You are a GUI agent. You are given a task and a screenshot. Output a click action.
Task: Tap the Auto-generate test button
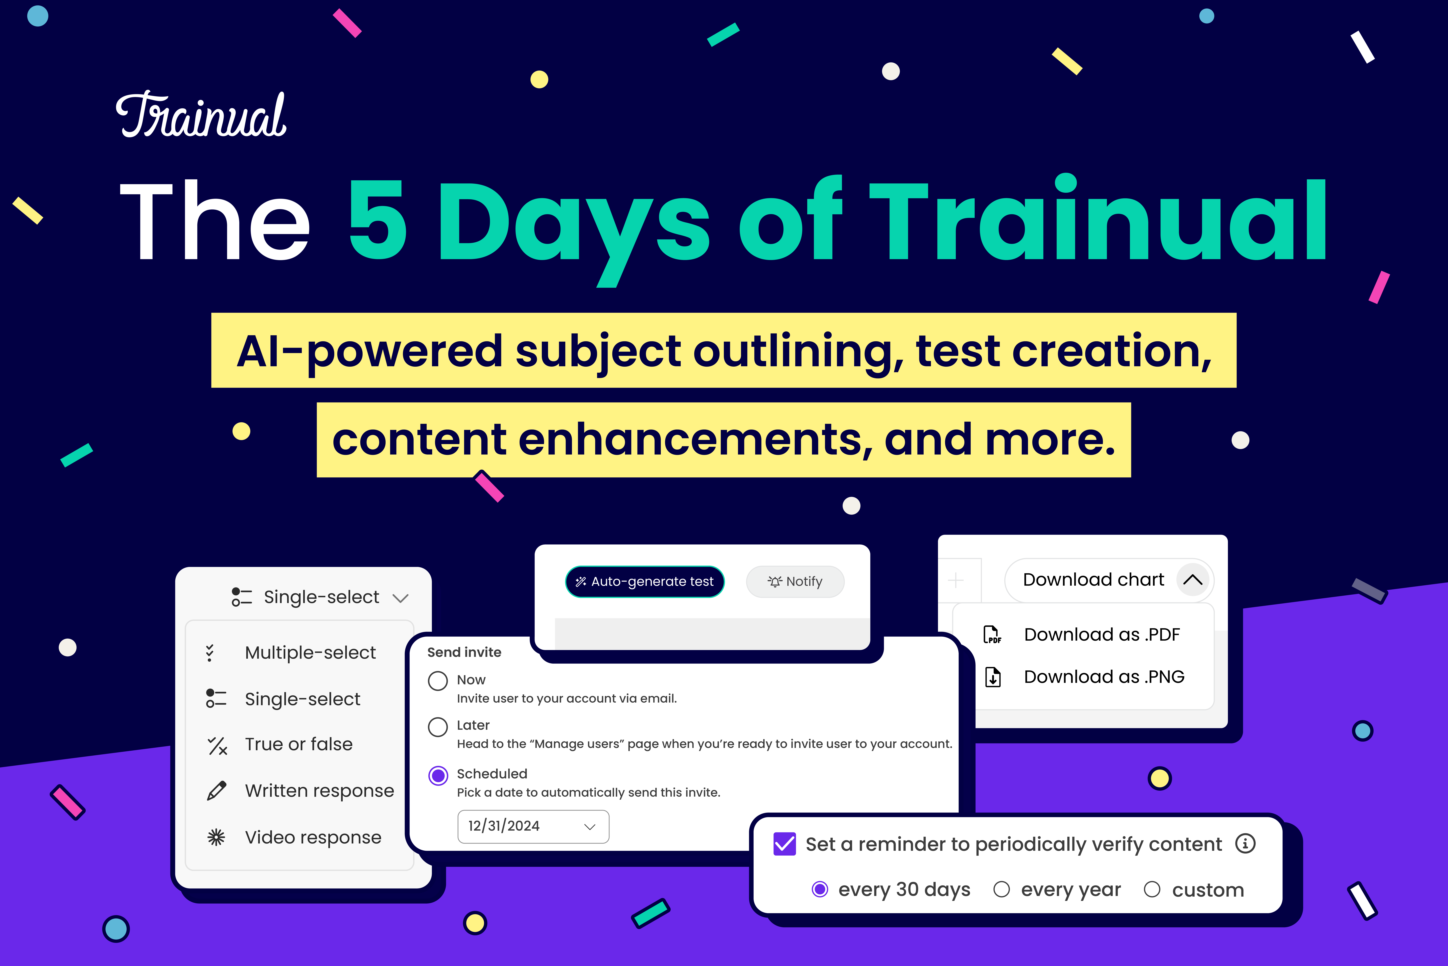(x=645, y=582)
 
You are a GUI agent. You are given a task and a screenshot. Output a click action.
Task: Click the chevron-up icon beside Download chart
(x=1192, y=580)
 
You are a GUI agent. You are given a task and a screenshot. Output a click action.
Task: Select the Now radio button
(x=438, y=681)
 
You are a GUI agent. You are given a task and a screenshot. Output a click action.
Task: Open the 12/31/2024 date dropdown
(x=533, y=826)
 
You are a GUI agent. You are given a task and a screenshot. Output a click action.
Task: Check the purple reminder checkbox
(x=784, y=844)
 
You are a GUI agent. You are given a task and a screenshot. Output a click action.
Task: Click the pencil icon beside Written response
(x=217, y=790)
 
